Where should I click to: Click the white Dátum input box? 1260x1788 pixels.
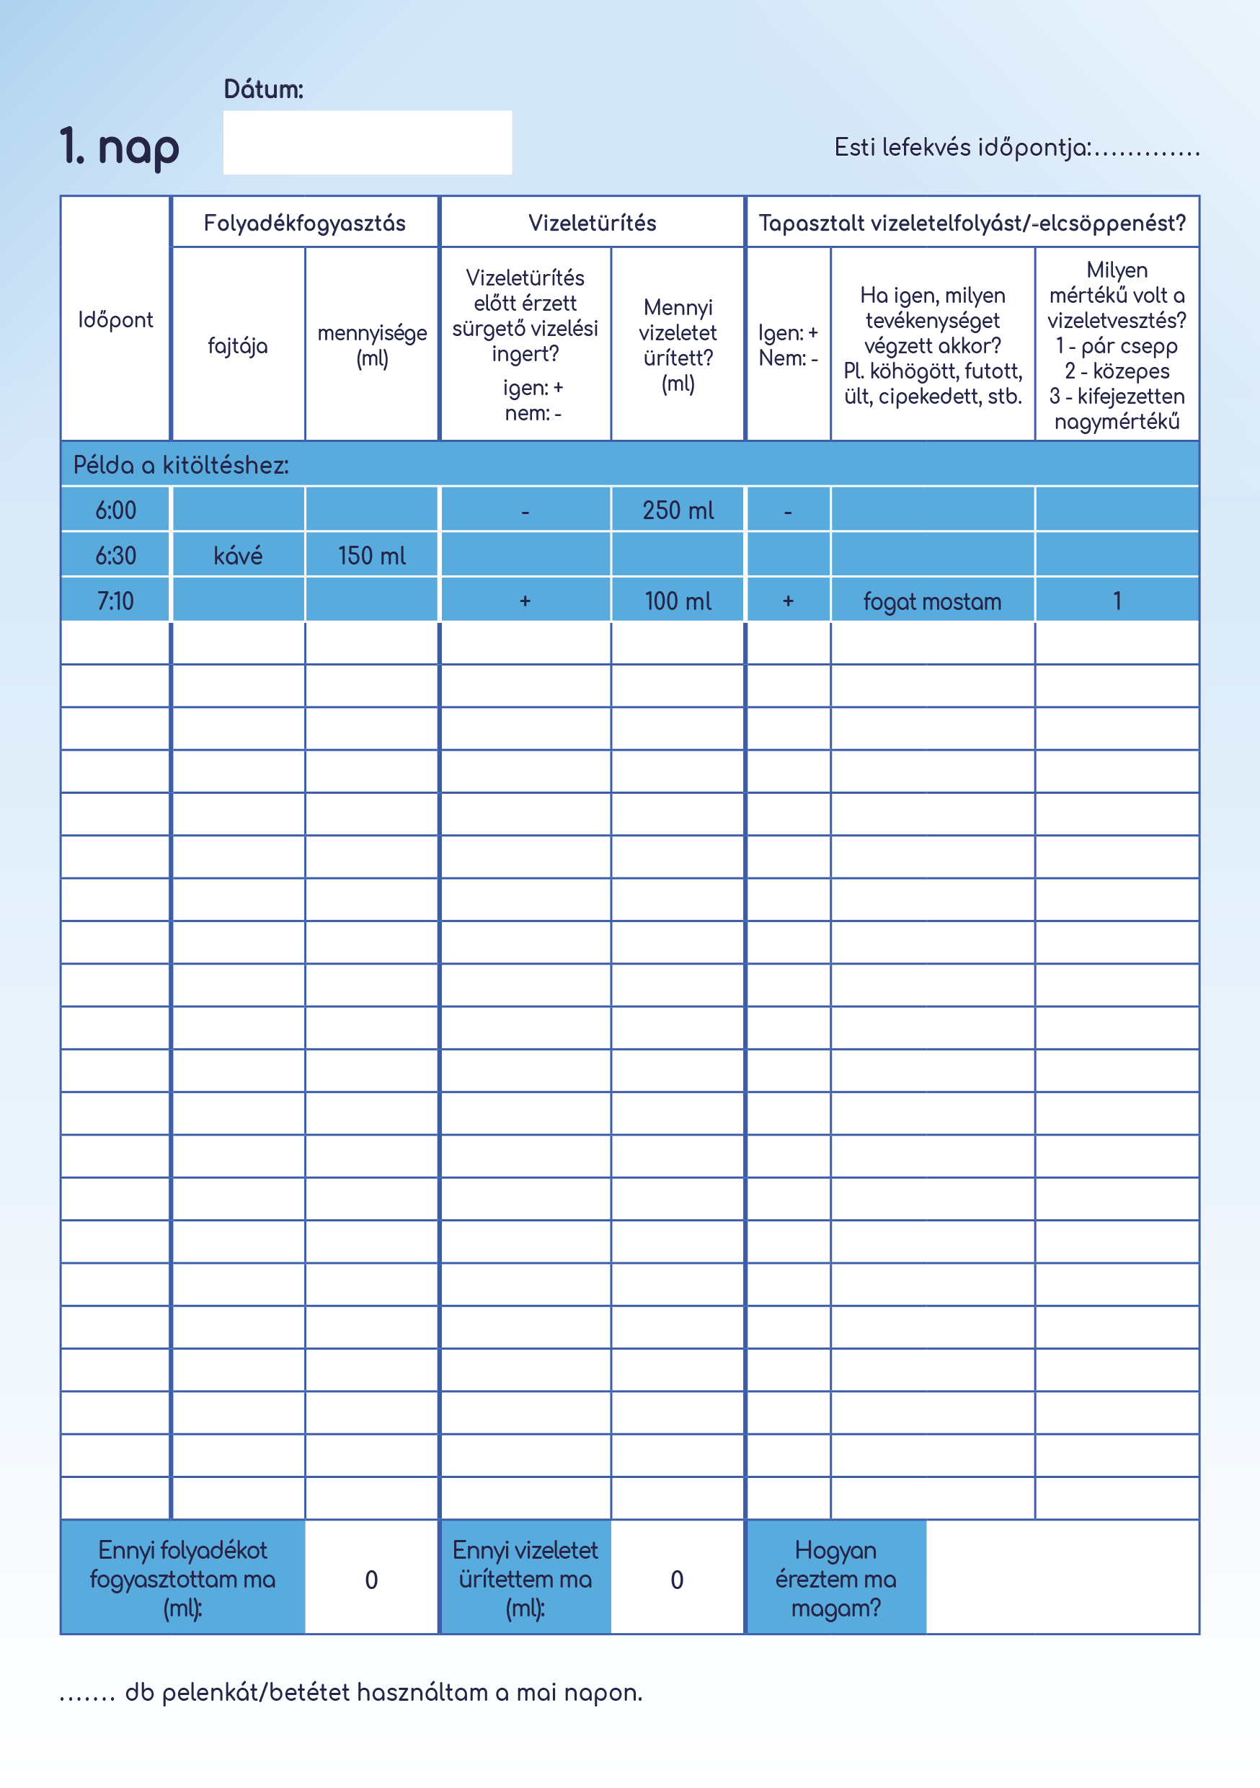tap(367, 143)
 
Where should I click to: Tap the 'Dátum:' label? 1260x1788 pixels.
tap(263, 89)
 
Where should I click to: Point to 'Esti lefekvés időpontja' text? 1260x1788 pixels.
tap(962, 147)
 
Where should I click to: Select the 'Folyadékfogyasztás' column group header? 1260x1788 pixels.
tap(304, 223)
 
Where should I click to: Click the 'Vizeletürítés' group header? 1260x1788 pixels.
tap(592, 223)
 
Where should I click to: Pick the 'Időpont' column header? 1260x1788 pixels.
tap(115, 320)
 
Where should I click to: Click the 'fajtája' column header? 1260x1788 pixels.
tap(238, 346)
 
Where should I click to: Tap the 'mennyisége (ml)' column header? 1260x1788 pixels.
tap(371, 345)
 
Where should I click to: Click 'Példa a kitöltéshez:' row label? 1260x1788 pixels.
tap(181, 465)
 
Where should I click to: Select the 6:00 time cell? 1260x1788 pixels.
tap(115, 510)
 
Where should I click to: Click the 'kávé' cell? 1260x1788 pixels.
tap(238, 555)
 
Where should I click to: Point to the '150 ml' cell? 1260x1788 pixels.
tap(371, 555)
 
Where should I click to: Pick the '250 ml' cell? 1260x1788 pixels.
tap(678, 510)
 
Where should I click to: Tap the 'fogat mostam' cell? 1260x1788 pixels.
tap(932, 601)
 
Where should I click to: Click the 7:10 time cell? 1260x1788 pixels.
tap(115, 601)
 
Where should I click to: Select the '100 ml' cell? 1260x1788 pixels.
tap(678, 601)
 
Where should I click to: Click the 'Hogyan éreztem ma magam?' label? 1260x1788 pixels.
tap(835, 1578)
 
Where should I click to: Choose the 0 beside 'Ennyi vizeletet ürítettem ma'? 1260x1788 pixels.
tap(677, 1580)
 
